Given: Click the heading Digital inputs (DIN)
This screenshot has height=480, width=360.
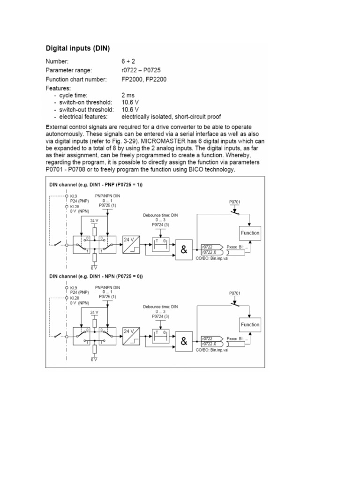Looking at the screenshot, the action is coord(78,48).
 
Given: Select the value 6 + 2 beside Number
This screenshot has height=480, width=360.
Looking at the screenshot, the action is coord(128,61).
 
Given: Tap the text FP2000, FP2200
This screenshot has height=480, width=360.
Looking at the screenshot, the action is coord(146,79).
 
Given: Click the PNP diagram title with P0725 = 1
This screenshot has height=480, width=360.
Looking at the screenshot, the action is coord(96,185).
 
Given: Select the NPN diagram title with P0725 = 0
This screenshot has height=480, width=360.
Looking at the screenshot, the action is coord(96,277).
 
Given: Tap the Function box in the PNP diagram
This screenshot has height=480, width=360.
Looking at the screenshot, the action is coord(250,233).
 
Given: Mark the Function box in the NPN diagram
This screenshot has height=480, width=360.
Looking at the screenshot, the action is coord(250,324).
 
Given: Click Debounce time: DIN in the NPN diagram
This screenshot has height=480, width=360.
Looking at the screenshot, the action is coord(161,307).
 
